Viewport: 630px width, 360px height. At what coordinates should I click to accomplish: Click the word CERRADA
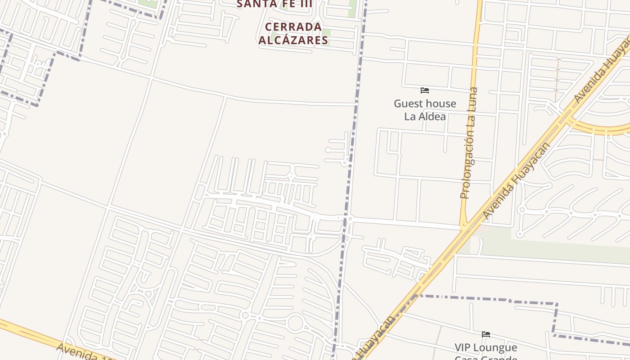[293, 27]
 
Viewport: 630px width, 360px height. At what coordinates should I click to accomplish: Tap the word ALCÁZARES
[293, 40]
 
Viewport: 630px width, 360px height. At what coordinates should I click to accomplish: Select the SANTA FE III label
[274, 4]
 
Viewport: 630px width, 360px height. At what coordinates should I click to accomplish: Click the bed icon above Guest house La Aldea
[424, 90]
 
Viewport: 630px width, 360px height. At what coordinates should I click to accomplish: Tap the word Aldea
[431, 117]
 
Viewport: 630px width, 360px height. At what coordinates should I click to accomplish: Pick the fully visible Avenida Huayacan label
[516, 181]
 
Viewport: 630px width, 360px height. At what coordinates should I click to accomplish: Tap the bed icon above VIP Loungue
[486, 334]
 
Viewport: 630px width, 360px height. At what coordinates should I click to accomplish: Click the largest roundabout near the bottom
[296, 323]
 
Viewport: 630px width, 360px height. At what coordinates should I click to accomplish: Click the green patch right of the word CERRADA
[326, 33]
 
